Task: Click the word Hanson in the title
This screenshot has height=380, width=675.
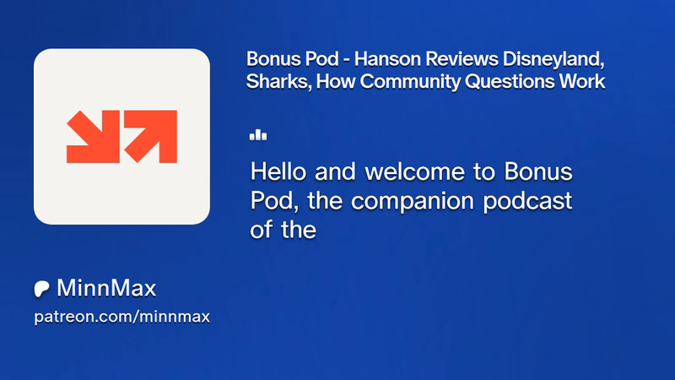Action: coord(390,59)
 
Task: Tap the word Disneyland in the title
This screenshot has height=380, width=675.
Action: coord(553,60)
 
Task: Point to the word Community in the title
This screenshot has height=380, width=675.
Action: coord(410,82)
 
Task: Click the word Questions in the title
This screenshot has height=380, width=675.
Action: coord(510,81)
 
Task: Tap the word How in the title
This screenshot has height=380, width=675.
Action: coord(336,81)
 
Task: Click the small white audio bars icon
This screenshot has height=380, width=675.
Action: coord(258,135)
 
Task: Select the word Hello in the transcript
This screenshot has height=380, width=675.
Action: coord(278,171)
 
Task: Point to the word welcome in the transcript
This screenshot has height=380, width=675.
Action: coord(415,171)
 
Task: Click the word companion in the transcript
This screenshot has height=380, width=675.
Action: coord(413,202)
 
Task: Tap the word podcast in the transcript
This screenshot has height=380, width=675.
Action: coord(528,201)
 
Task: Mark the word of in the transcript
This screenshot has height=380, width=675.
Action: coord(262,230)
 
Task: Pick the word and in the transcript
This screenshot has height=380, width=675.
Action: coord(335,171)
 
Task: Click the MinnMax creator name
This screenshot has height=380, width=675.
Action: coord(106,288)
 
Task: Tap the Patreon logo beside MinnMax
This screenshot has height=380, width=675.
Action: coord(41,289)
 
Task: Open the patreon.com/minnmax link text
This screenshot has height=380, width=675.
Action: coord(121,318)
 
